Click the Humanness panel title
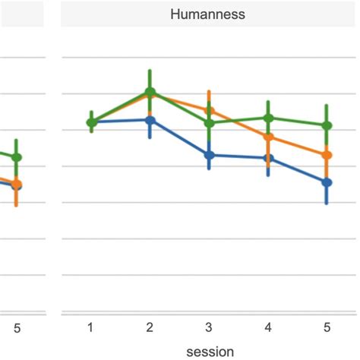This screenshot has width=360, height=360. point(208,14)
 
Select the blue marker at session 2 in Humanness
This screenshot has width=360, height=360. point(150,120)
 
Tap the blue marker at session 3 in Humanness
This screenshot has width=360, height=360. point(209,154)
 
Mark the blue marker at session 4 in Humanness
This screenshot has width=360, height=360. point(267,158)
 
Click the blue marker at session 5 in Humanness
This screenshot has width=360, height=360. point(327,182)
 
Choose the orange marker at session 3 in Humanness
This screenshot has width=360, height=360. point(209,110)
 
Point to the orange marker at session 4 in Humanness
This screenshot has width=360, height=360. point(267,137)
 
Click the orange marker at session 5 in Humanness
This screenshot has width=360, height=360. point(327,155)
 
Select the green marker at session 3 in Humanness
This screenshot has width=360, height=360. point(209,122)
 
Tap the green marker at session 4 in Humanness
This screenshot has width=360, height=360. point(267,118)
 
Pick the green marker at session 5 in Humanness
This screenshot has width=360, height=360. point(327,125)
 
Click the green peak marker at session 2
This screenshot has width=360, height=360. point(150,92)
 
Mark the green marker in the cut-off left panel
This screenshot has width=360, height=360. point(17,157)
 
